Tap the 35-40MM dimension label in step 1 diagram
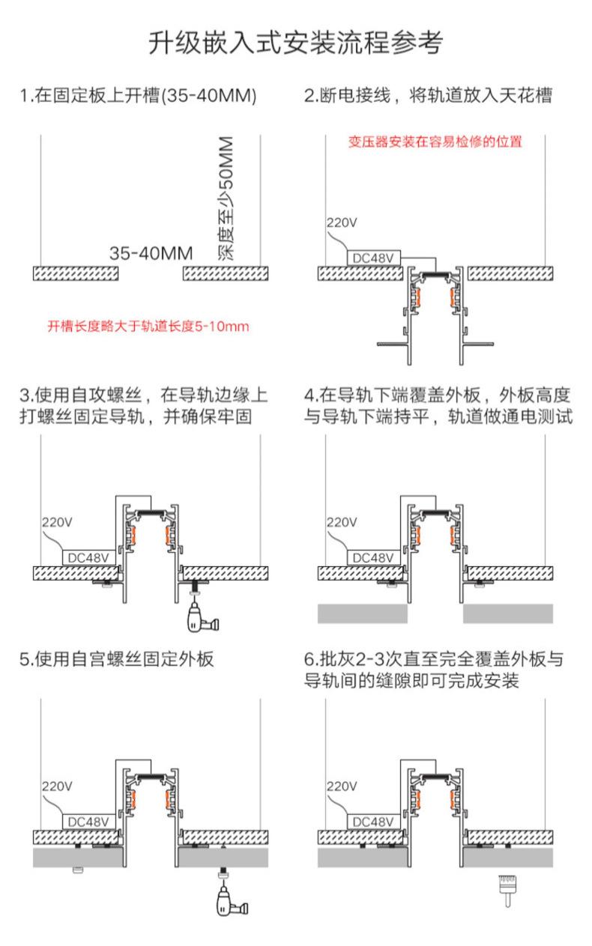coord(151,253)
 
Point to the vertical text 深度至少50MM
coord(226,198)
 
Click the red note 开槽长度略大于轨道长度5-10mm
coord(148,327)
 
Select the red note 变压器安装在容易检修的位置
coord(435,142)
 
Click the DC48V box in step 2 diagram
coord(372,258)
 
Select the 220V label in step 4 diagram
coord(341,522)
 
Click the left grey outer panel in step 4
coord(362,613)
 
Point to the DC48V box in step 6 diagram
coord(372,822)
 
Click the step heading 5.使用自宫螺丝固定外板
coord(117,659)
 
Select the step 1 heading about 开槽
coord(139,96)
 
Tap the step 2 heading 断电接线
coord(428,96)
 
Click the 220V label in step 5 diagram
coord(57,786)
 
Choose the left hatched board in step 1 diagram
coord(76,273)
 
